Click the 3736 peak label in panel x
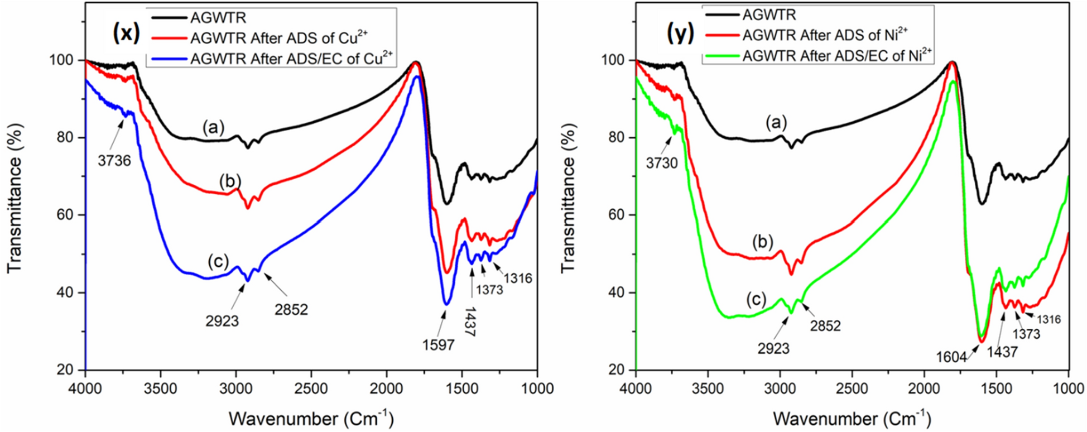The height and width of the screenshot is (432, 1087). [114, 161]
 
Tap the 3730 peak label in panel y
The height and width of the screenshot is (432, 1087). [663, 163]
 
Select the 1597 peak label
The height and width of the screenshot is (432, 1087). [438, 345]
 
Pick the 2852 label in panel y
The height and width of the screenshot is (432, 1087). [825, 325]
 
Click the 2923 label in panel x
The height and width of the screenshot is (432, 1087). [222, 321]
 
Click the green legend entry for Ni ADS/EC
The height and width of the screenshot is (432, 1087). [837, 54]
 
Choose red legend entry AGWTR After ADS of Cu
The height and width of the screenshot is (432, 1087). [279, 38]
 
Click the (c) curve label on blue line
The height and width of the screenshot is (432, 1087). [219, 261]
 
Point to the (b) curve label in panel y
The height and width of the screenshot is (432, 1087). [762, 242]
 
